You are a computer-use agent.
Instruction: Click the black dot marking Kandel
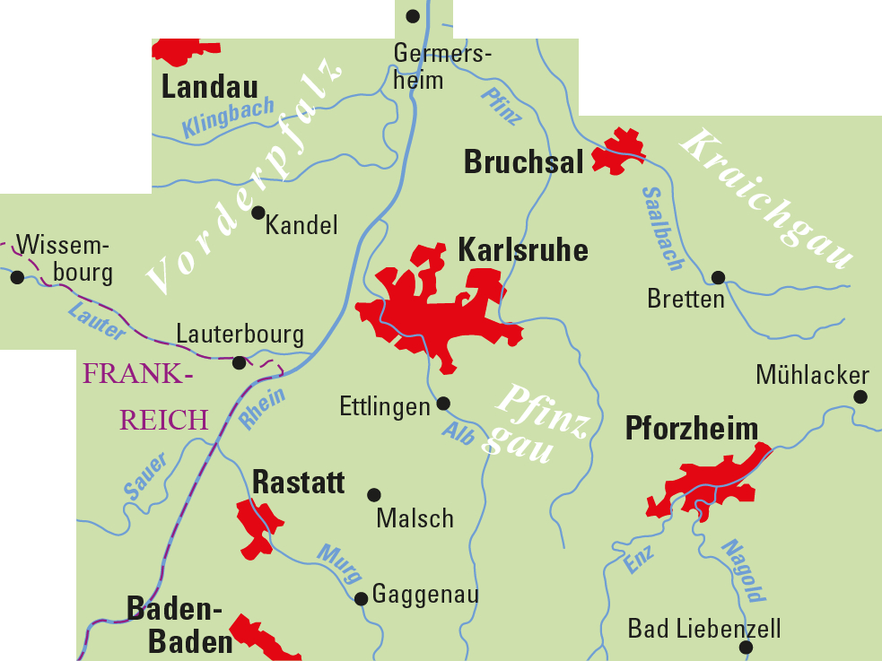[x=258, y=213]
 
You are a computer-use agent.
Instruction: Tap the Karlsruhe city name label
[x=523, y=250]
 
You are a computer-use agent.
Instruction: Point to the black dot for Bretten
[x=718, y=277]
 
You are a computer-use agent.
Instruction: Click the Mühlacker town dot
[x=860, y=396]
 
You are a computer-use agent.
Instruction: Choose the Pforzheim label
[x=691, y=429]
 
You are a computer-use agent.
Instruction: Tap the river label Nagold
[x=744, y=570]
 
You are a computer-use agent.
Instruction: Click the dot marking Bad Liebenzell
[x=746, y=647]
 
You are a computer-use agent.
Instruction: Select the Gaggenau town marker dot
[x=361, y=598]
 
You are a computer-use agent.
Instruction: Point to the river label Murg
[x=340, y=564]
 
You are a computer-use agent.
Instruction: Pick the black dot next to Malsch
[x=374, y=494]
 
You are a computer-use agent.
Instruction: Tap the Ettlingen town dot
[x=443, y=404]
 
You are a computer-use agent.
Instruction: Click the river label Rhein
[x=263, y=409]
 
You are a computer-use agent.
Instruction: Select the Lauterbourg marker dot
[x=239, y=362]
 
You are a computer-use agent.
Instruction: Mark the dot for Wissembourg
[x=17, y=277]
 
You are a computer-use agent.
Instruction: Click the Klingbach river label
[x=228, y=118]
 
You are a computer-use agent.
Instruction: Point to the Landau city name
[x=210, y=87]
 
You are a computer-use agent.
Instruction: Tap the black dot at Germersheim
[x=413, y=16]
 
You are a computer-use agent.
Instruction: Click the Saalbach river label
[x=663, y=229]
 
